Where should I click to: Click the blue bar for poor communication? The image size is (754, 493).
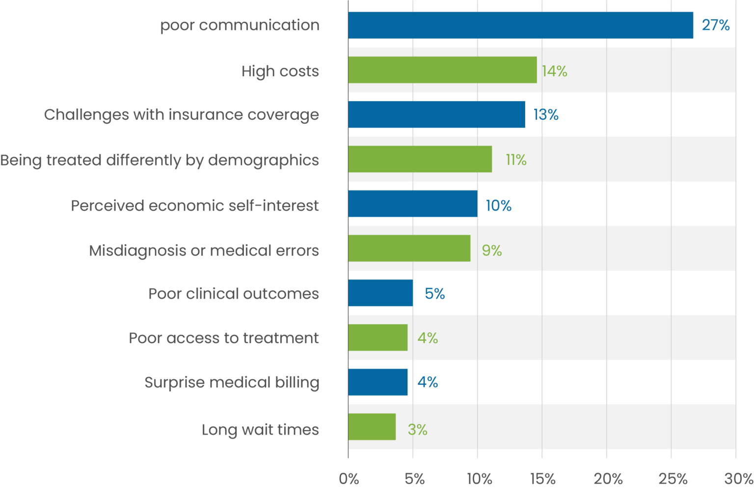[520, 25]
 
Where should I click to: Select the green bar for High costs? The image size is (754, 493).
[442, 70]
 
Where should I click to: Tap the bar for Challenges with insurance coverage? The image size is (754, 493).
[436, 114]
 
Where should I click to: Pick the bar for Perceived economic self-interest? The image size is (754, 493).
[413, 204]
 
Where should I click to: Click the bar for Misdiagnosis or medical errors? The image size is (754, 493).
[409, 248]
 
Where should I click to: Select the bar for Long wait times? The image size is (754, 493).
[372, 427]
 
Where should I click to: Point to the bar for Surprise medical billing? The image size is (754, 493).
[378, 382]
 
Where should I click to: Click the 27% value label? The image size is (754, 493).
[715, 25]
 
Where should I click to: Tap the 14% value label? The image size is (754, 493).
[554, 71]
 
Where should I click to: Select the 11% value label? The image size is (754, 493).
[516, 160]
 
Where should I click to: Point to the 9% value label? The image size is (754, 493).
[491, 250]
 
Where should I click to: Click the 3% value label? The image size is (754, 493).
[417, 430]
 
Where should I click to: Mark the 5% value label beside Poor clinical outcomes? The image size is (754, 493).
[434, 294]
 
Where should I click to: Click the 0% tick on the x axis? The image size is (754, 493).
[349, 479]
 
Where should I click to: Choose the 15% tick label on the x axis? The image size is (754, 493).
[542, 479]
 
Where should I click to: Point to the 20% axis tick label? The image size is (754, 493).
[608, 479]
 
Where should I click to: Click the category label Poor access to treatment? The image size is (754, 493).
[223, 338]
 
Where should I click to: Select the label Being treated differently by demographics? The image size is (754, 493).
[160, 161]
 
